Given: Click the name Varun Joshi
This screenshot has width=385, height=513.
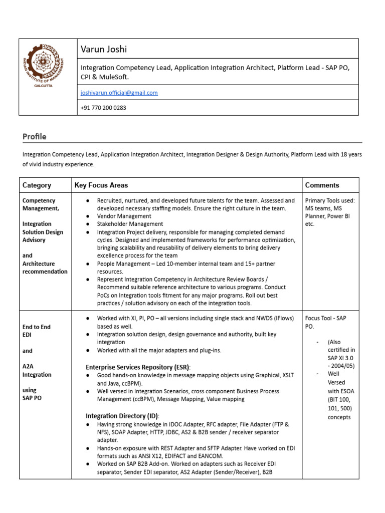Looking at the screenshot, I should pyautogui.click(x=104, y=49).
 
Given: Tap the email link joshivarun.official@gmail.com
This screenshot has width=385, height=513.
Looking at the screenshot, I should pyautogui.click(x=119, y=93).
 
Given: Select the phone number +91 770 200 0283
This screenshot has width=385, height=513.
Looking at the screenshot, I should pyautogui.click(x=103, y=108).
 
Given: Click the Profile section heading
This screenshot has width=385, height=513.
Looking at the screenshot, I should pyautogui.click(x=34, y=137).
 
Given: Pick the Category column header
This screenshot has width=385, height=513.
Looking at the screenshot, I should pyautogui.click(x=37, y=185).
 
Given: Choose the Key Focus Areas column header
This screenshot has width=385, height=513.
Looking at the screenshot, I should pyautogui.click(x=101, y=185).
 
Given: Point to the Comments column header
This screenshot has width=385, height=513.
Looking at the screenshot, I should pyautogui.click(x=322, y=185).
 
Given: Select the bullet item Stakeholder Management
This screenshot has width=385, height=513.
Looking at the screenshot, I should pyautogui.click(x=130, y=224).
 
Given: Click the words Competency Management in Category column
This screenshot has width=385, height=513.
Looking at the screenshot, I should pyautogui.click(x=41, y=204).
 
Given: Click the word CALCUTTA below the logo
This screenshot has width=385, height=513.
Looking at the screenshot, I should pyautogui.click(x=48, y=86).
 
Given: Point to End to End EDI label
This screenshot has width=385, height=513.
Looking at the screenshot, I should pyautogui.click(x=37, y=330).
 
